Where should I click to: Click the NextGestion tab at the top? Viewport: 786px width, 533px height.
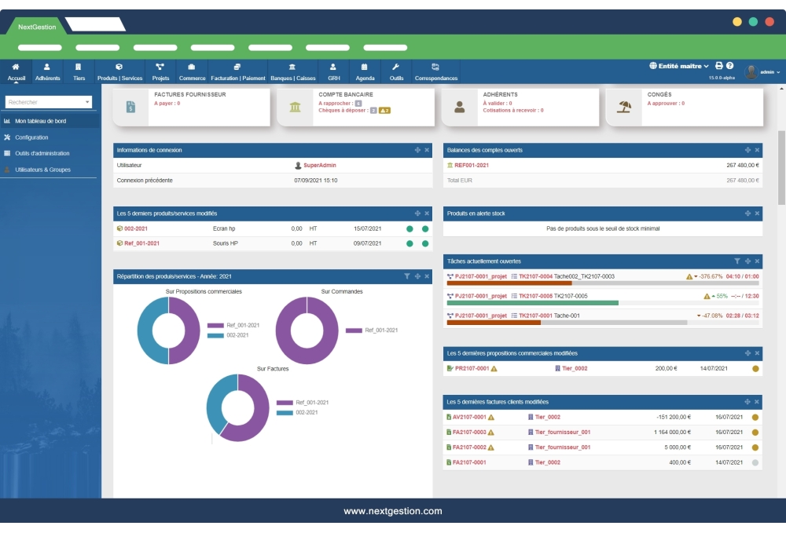[37, 27]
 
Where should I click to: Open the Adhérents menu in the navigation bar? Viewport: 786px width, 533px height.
[47, 72]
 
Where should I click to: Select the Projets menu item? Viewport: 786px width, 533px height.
[160, 72]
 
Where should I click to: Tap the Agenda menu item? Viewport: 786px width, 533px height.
[365, 72]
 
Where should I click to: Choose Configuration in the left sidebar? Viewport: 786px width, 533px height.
[31, 137]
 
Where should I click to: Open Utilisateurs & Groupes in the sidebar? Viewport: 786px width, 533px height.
[42, 169]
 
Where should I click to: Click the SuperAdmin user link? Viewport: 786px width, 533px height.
[319, 166]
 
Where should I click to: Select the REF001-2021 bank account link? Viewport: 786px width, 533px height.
[472, 166]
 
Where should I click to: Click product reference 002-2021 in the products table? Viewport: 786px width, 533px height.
[135, 228]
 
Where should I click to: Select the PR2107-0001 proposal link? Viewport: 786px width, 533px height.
[472, 368]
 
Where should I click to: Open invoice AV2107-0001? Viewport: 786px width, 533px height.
[470, 417]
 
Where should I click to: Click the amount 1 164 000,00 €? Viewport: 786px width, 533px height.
[672, 432]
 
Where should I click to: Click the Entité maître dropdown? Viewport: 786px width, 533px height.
[678, 66]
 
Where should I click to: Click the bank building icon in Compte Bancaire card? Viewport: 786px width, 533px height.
[295, 107]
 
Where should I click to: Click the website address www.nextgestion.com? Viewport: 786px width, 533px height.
[392, 511]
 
